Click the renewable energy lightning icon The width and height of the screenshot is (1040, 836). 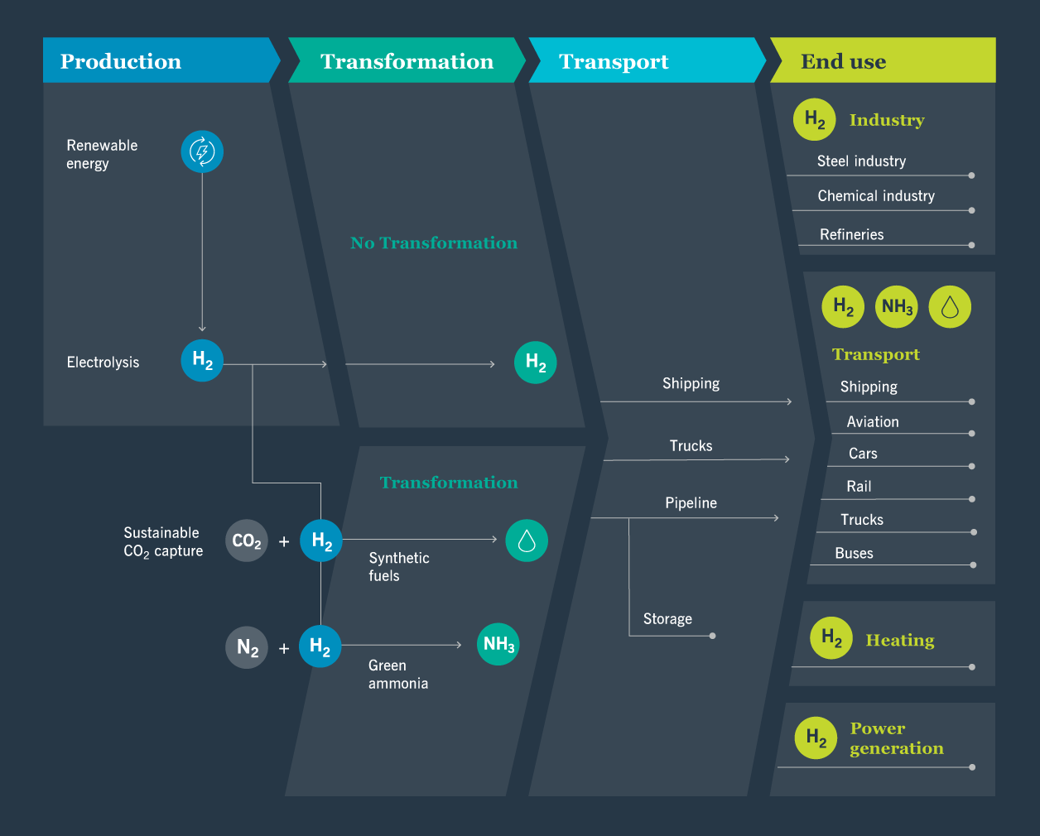coord(202,151)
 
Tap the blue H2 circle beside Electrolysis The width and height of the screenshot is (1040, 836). coord(202,360)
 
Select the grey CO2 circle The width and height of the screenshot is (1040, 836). coord(247,541)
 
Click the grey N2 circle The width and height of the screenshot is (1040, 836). coord(247,647)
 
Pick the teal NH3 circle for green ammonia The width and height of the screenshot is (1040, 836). coord(498,644)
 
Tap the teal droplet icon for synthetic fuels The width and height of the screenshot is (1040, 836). coord(527,541)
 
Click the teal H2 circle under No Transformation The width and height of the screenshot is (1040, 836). coord(535,363)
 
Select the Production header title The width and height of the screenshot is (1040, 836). coord(121,61)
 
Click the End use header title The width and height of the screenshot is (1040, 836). coord(843,61)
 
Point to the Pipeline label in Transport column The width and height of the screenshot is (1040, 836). coord(691,503)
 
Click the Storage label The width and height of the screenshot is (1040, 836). coord(667,619)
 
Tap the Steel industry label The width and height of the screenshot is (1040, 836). coord(861,161)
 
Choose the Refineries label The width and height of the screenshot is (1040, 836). coord(851,234)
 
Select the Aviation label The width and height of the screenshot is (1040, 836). coord(872,422)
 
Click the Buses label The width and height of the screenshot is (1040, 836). coord(854,553)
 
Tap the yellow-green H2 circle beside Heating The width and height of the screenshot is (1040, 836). coord(831,638)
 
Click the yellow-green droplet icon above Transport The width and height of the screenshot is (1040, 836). coord(950,307)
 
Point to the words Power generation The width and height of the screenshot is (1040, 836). coord(896,738)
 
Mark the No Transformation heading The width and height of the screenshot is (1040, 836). coord(434,243)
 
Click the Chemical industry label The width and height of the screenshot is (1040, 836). coord(876,196)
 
